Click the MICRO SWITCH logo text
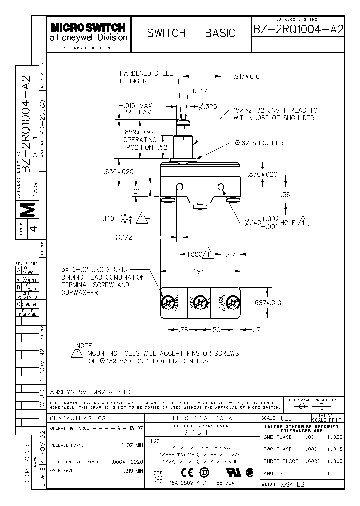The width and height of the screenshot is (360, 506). [x=88, y=28]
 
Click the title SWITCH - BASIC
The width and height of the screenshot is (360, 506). [x=191, y=33]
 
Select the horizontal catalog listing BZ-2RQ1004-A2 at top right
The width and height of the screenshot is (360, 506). [x=299, y=29]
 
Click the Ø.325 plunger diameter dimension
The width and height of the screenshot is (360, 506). [x=207, y=106]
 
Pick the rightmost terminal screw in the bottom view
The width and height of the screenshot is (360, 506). [x=231, y=302]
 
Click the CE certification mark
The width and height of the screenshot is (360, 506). [x=187, y=473]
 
